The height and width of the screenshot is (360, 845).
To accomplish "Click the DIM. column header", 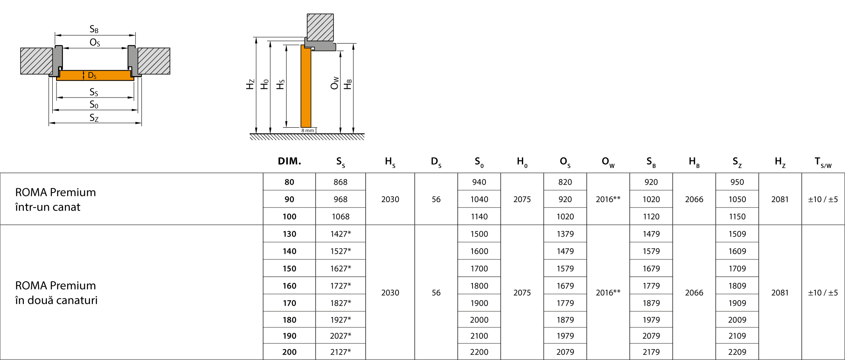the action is [289, 161].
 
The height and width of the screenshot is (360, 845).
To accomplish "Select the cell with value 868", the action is [340, 182].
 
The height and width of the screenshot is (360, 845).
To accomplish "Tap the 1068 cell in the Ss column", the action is [340, 216].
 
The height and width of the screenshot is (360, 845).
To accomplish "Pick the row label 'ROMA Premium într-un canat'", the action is [55, 199].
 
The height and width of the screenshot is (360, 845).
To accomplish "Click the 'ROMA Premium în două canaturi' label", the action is [56, 293].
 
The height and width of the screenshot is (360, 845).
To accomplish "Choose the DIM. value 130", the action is [289, 234].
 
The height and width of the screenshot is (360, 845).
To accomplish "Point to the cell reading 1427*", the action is [340, 234].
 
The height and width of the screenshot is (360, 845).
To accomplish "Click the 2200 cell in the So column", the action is [479, 352].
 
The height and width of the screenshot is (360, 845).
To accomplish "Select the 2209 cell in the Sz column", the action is [737, 352].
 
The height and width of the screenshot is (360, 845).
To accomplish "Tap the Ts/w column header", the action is [823, 162].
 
